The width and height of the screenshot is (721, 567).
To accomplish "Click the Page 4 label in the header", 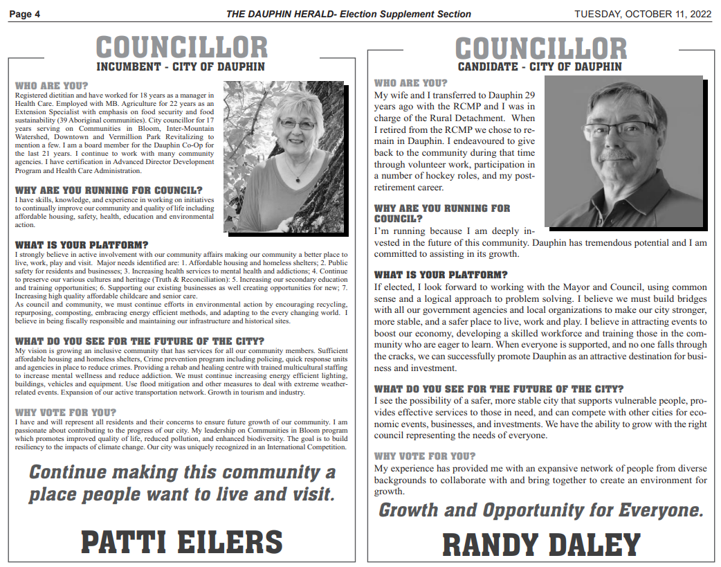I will point(25,14).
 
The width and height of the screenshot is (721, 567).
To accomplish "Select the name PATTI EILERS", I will point(182,541).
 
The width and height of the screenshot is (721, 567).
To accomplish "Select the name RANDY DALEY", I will point(541,544).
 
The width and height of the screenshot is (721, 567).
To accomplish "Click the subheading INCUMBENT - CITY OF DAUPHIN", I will point(181,67).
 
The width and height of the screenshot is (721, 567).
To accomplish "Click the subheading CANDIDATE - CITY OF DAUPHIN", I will point(540,67).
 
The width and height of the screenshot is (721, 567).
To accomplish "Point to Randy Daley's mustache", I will point(615,154).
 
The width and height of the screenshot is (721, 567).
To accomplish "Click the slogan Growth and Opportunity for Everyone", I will point(540,511).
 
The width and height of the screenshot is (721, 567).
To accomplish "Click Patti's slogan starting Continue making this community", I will point(182,483).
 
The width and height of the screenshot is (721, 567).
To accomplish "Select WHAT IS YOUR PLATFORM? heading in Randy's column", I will point(441,275).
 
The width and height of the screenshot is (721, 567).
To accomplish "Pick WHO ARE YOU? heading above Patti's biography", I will point(52,86).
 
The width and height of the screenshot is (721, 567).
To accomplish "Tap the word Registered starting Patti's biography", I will point(31,94).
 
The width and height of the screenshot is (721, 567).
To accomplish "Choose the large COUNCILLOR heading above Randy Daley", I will point(540,48).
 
